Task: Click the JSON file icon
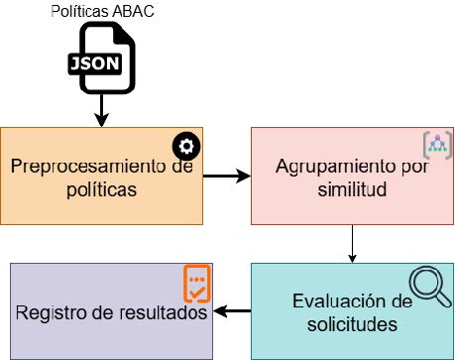[102, 58]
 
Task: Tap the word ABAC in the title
[133, 11]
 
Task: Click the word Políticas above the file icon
[80, 11]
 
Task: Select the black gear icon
[186, 146]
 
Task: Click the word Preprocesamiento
[86, 167]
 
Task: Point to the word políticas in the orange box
[102, 189]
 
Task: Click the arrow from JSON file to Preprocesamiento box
[101, 110]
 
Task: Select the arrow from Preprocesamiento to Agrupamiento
[227, 176]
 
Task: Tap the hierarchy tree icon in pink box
[437, 146]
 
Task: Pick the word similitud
[352, 189]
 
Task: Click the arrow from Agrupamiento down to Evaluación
[352, 244]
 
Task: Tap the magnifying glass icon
[429, 287]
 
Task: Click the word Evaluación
[337, 301]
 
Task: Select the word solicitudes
[352, 324]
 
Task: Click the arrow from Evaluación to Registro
[232, 311]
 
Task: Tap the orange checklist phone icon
[197, 284]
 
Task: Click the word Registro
[52, 313]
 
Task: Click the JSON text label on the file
[95, 63]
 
